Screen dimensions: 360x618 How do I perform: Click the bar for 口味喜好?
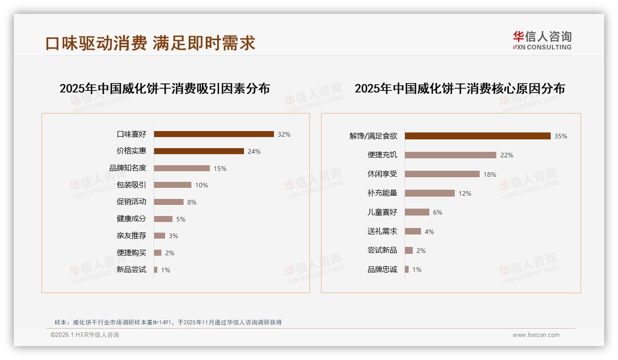point(214,134)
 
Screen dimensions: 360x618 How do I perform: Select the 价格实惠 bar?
point(199,151)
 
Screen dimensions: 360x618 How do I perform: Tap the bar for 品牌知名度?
point(182,168)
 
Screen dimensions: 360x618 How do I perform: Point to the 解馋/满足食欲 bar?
point(477,136)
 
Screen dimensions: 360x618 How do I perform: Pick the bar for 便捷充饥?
point(450,155)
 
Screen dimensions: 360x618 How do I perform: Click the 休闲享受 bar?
point(442,174)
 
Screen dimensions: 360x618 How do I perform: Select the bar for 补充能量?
point(429,193)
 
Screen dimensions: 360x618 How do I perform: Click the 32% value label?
point(284,134)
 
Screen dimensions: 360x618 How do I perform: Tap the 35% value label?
point(561,136)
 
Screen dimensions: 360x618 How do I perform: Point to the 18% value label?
point(490,174)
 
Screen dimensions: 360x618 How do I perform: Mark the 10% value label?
point(202,185)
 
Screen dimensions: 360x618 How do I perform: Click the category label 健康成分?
point(131,219)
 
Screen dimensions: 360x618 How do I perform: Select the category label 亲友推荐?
point(131,236)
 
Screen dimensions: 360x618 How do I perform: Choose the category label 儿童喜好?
point(382,212)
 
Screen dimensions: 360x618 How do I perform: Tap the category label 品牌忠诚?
point(382,270)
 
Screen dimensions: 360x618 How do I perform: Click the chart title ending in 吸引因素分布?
point(165,89)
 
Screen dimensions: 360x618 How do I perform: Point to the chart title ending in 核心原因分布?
point(460,89)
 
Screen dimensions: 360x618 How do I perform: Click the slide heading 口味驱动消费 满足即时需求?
point(150,43)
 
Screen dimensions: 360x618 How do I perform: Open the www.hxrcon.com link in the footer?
point(536,335)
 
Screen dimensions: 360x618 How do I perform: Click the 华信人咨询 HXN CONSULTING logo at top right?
point(542,40)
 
